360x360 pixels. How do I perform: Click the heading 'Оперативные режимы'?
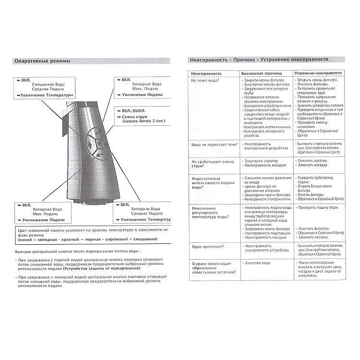(x=42, y=61)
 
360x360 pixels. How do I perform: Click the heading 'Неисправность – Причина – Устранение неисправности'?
(x=259, y=59)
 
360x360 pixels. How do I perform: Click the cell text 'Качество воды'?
(x=258, y=263)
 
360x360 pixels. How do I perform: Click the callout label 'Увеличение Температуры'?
(x=46, y=95)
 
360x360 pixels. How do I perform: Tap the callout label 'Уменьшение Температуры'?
(x=145, y=219)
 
